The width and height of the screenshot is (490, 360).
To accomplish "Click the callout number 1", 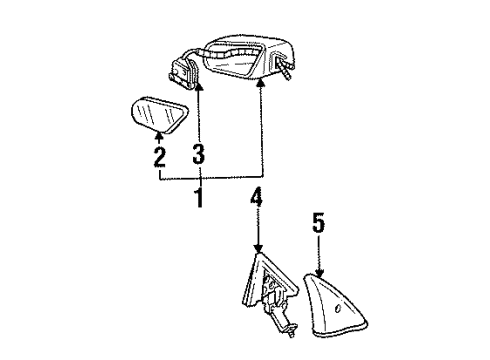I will [x=198, y=197].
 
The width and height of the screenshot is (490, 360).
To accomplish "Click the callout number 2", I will [x=158, y=157].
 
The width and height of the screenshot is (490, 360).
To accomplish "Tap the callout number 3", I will [x=199, y=155].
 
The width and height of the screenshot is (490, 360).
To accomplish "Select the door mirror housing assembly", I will [x=249, y=58].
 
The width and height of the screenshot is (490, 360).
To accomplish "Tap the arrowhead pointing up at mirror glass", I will [x=158, y=135].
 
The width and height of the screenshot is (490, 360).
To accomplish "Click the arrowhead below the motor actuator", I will [x=199, y=88].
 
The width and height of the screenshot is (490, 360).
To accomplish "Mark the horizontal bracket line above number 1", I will [x=210, y=179].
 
